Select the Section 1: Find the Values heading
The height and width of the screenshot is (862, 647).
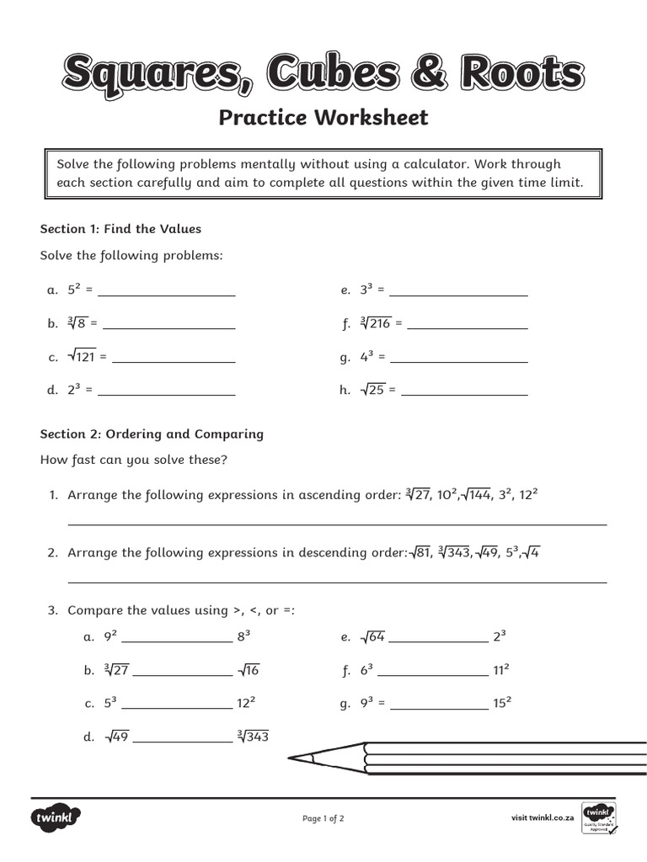click(120, 228)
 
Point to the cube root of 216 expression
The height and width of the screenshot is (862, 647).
click(376, 323)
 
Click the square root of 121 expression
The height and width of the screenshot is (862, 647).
click(83, 357)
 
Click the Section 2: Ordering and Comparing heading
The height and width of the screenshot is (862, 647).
click(152, 434)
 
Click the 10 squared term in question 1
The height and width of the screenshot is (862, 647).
click(443, 494)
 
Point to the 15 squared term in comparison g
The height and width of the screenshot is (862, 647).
click(503, 703)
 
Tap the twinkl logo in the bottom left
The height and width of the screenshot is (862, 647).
click(56, 817)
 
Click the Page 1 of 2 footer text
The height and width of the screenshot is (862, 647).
click(323, 818)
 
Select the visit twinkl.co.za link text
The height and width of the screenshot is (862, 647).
click(543, 817)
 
